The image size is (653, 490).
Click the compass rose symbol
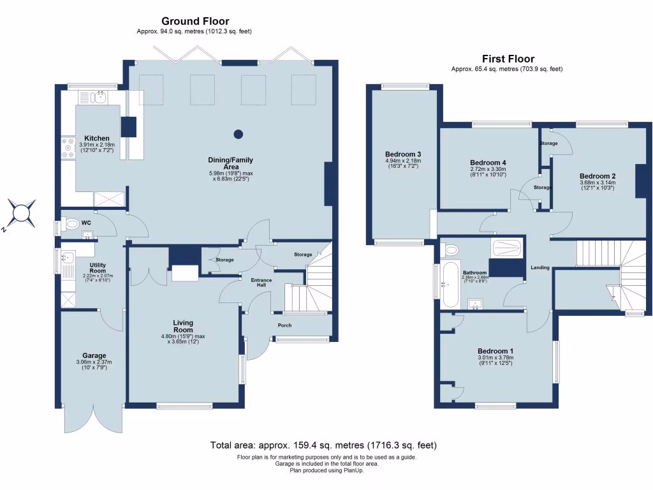tap(22, 212)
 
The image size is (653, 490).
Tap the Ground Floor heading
tap(195, 22)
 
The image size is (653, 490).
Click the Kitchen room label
tap(97, 138)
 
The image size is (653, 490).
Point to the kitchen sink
tap(98, 98)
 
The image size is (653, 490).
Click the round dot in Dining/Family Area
tap(238, 134)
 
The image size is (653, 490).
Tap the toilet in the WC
tap(70, 224)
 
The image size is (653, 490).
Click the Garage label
tap(94, 355)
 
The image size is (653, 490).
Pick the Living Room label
tap(182, 326)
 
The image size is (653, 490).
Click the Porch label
tap(284, 325)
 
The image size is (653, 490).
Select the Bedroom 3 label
tap(403, 154)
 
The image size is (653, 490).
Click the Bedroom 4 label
tap(488, 162)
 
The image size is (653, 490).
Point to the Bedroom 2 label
tap(598, 176)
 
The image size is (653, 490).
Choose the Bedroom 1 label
tap(495, 351)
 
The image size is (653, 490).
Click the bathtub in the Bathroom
tap(450, 281)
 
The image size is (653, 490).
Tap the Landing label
tap(540, 268)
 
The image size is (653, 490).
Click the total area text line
tap(324, 445)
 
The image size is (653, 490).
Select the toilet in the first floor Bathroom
tap(451, 248)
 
